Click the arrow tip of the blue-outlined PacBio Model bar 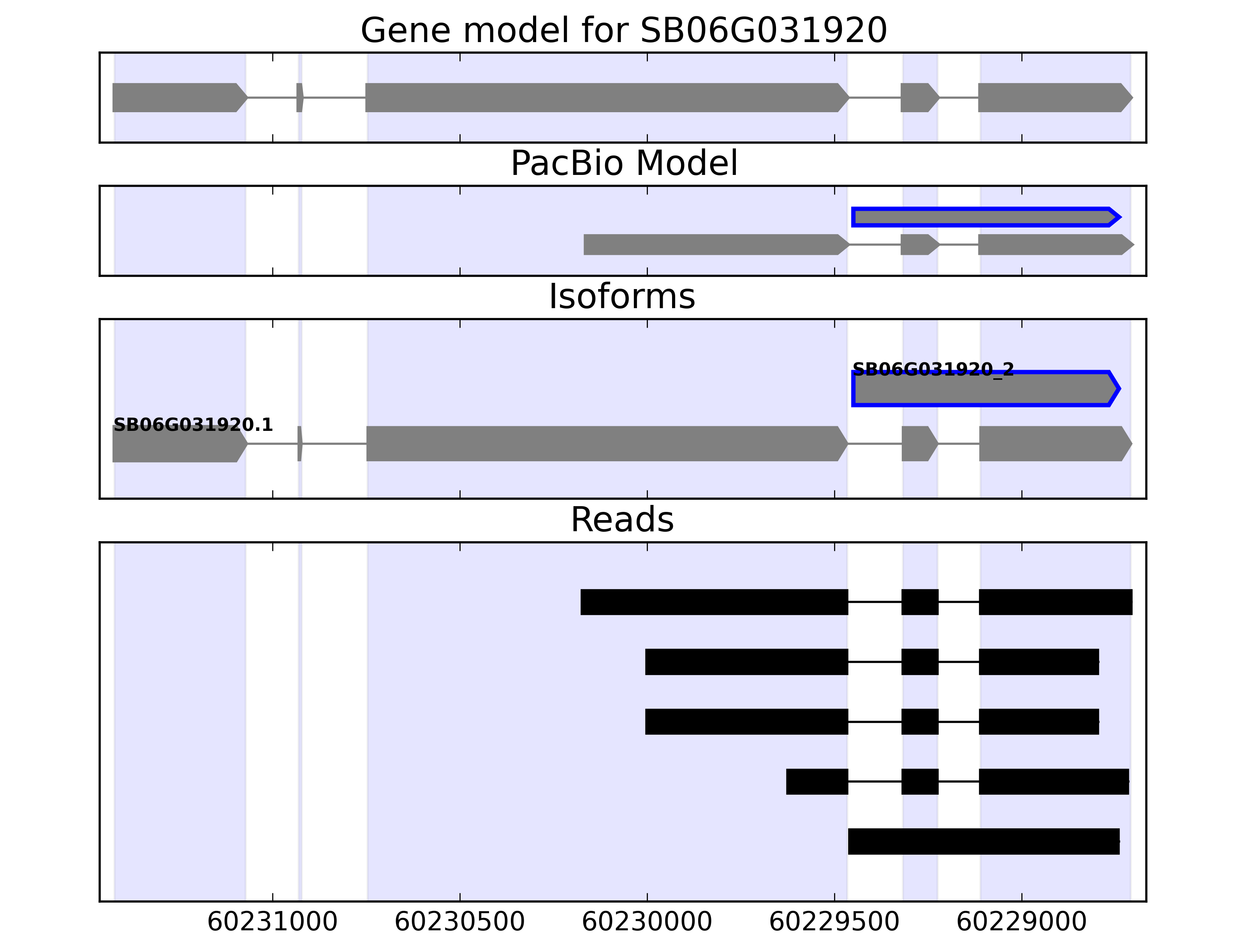point(1120,217)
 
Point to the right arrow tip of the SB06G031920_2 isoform point(1120,388)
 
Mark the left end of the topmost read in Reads point(581,602)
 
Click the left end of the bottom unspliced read point(849,841)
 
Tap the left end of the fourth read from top point(787,782)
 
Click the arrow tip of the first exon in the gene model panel point(248,97)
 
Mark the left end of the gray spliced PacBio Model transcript point(584,245)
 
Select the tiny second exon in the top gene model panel point(300,97)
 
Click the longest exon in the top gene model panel point(607,97)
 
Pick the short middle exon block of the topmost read point(920,602)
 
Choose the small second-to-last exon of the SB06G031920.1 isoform point(920,444)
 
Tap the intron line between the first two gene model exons point(272,97)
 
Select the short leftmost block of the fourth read point(817,782)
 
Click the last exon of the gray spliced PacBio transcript point(1056,245)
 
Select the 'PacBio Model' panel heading point(624,164)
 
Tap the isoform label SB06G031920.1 point(193,424)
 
